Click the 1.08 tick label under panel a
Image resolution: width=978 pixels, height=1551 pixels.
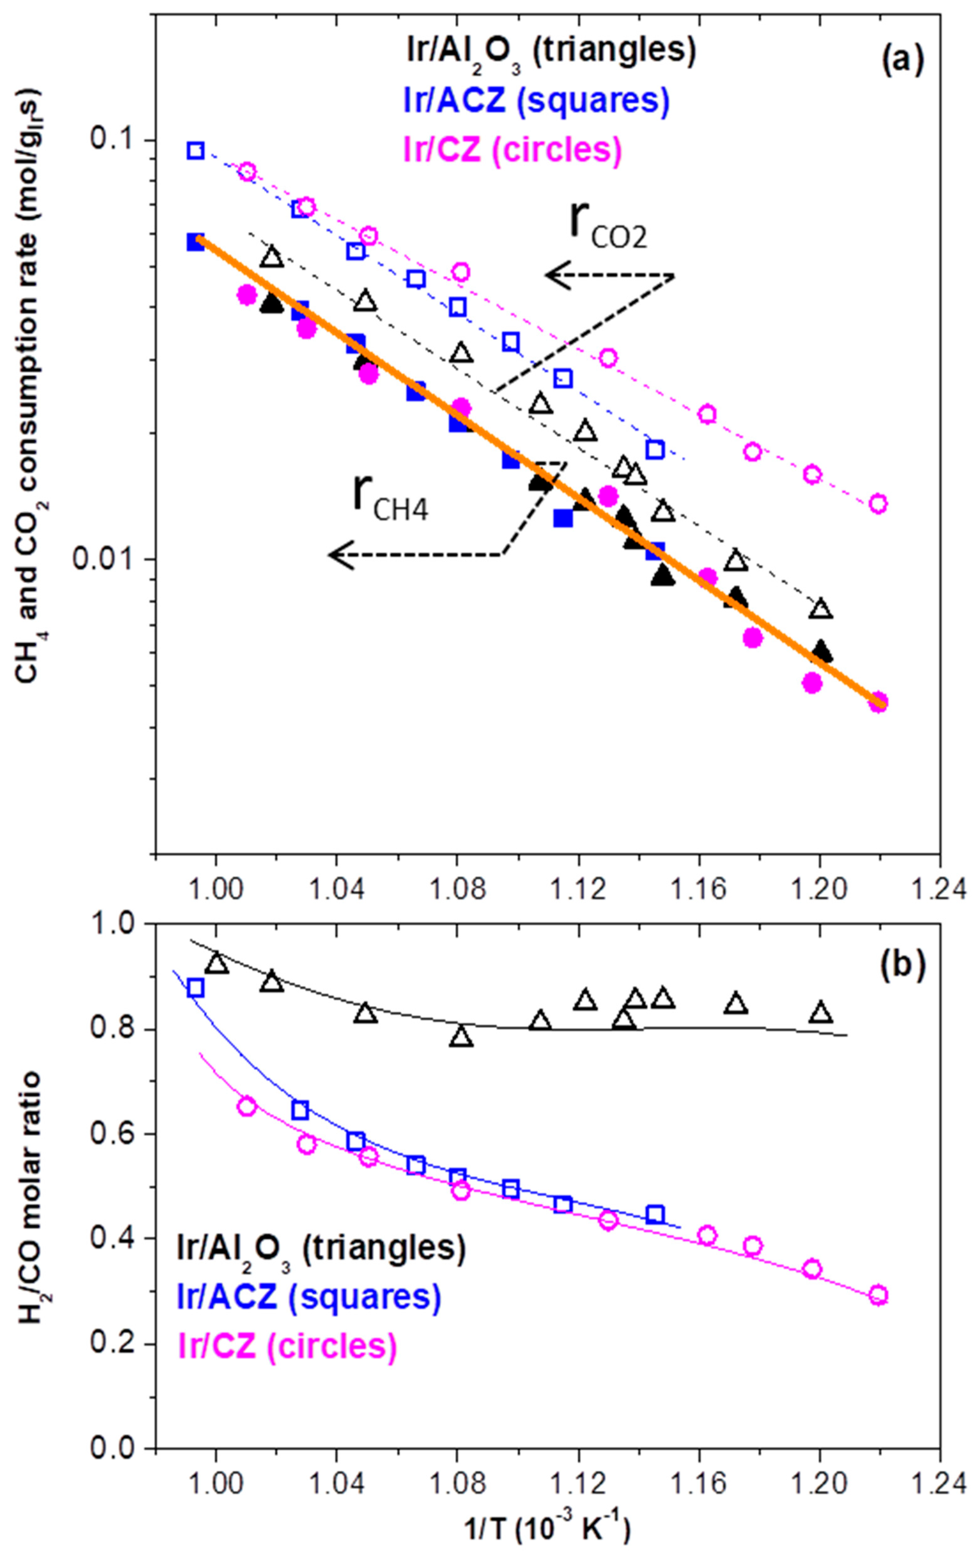pyautogui.click(x=456, y=891)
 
